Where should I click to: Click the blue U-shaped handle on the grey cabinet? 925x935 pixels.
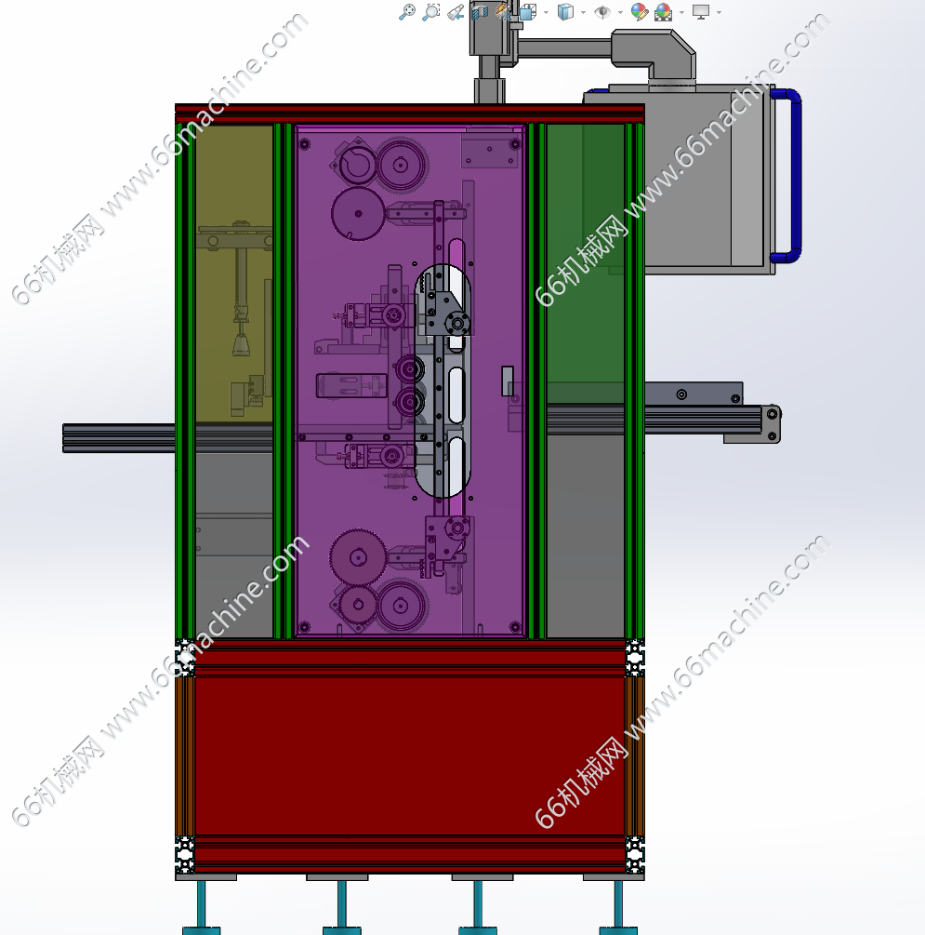[795, 176]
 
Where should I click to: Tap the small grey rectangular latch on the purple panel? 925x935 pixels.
[508, 381]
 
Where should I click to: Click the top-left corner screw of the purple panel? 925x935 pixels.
[305, 143]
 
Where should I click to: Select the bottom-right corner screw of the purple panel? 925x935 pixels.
[515, 627]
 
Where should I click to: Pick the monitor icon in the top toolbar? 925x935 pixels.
[701, 11]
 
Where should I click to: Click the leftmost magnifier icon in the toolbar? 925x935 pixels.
[407, 11]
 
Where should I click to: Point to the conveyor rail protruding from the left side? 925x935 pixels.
[119, 438]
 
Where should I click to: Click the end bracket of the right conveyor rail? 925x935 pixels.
[772, 424]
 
